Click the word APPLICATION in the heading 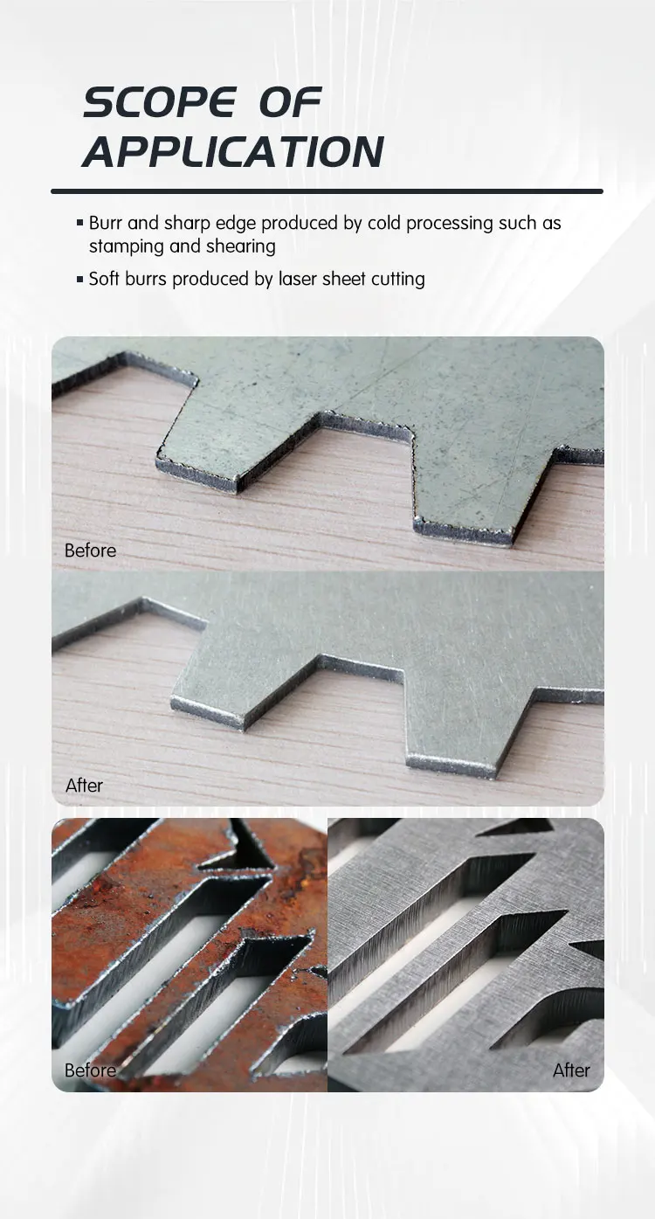233,152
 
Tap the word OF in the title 290,104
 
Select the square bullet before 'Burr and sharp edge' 80,224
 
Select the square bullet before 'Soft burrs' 80,280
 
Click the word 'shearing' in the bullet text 241,246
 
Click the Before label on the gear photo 90,551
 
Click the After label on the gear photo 84,786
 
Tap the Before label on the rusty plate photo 90,1070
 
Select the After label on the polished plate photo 571,1070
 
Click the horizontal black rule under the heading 327,190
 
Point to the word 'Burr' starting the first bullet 106,224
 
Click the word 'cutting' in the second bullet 397,280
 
